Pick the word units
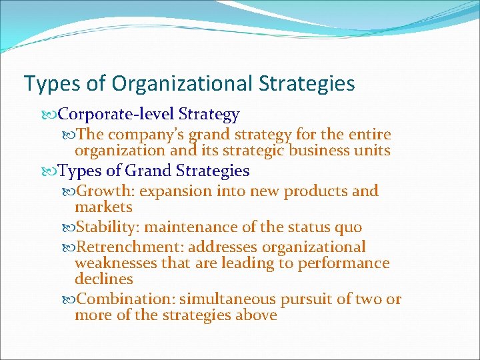pos(373,151)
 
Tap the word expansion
pos(174,191)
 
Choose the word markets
pos(103,207)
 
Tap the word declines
pos(104,279)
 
